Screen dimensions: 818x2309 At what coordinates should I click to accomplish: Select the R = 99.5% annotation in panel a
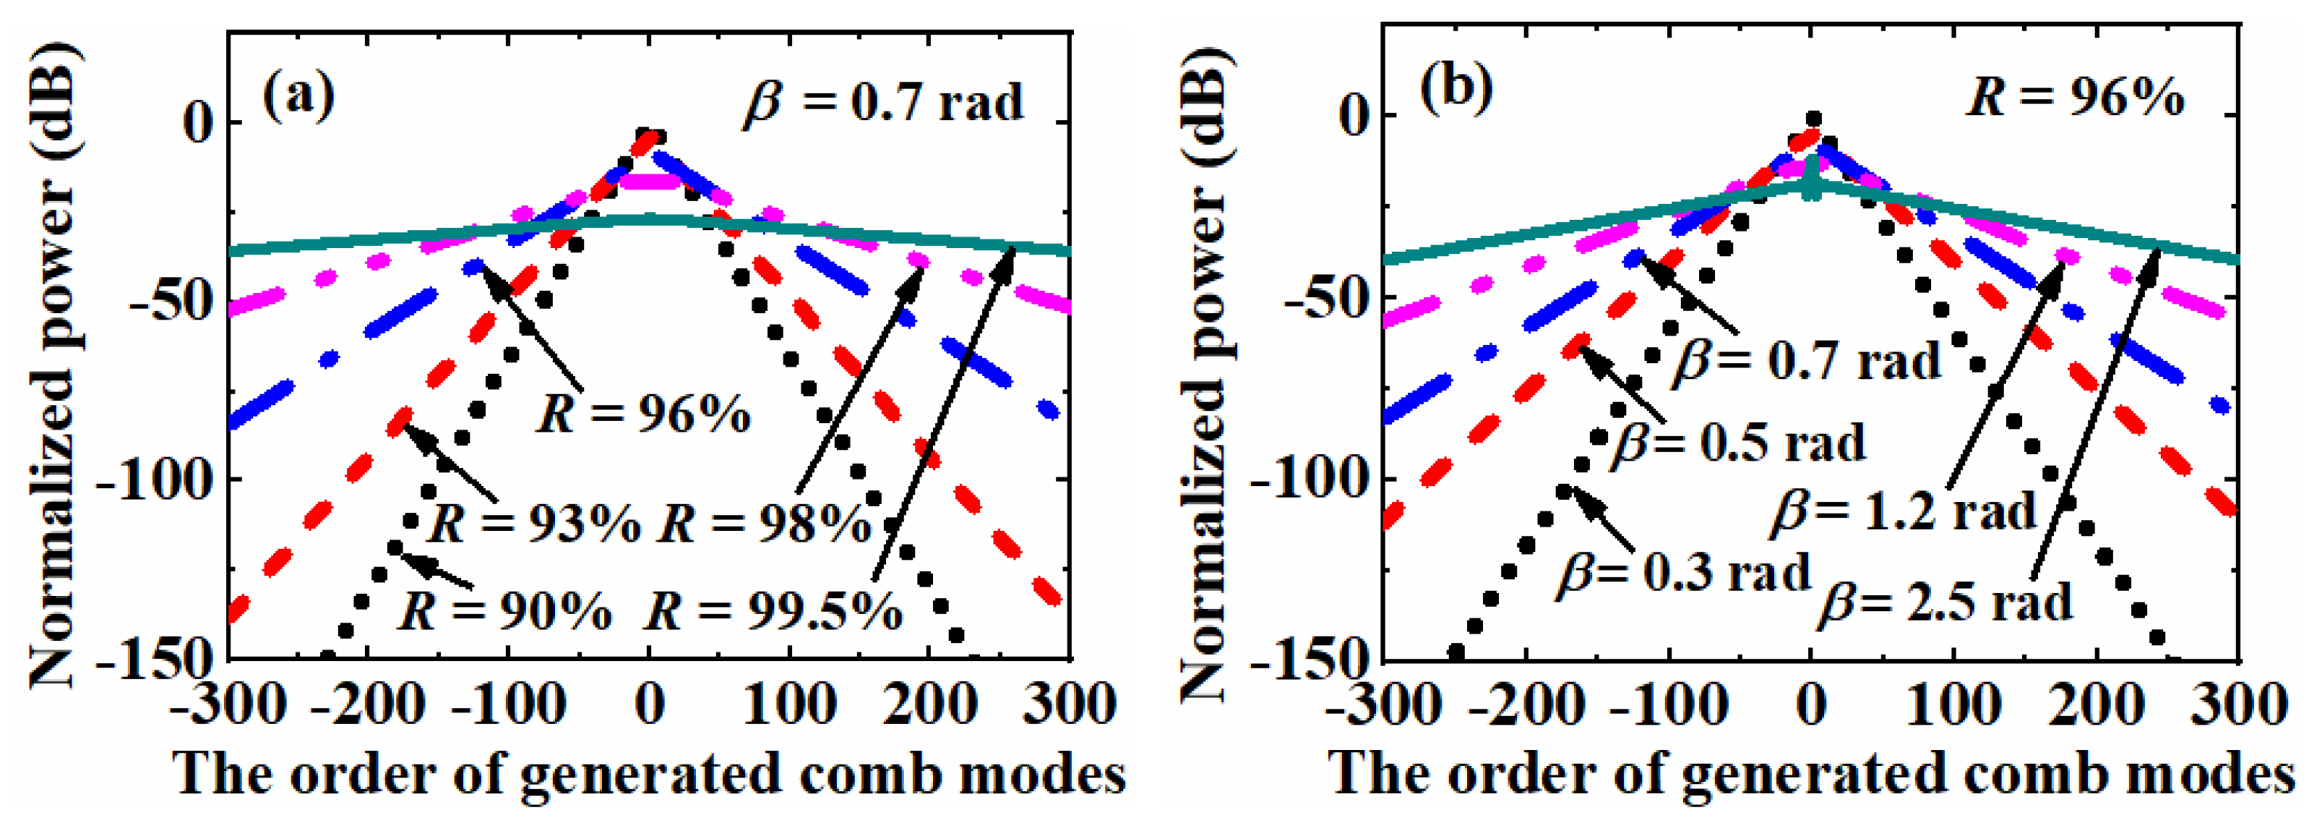[x=773, y=612]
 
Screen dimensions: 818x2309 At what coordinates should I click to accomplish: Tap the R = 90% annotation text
[x=504, y=612]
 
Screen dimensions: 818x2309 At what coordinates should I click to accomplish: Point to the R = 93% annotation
[x=535, y=523]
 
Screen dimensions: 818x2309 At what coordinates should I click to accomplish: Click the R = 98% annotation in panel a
[x=765, y=523]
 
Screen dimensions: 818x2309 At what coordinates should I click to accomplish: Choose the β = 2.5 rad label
[x=1945, y=602]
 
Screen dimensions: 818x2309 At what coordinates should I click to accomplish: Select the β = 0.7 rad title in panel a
[x=883, y=103]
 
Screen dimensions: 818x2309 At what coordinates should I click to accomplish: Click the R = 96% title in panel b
[x=2075, y=97]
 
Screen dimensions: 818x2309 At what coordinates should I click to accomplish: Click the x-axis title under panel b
[x=1810, y=773]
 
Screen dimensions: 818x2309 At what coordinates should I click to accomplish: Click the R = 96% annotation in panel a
[x=644, y=415]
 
